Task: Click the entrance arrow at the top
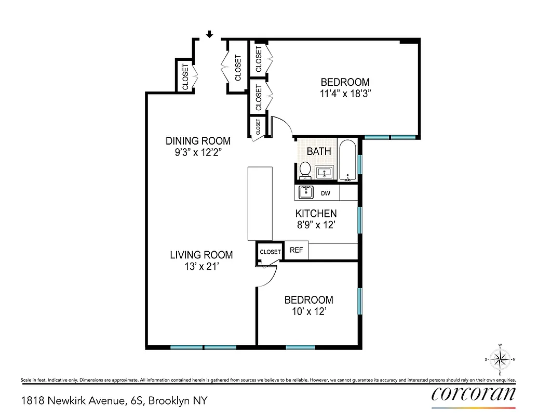pos(209,34)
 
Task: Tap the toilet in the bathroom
pos(305,170)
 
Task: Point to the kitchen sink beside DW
pos(306,193)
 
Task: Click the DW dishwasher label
pos(326,193)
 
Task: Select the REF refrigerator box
pos(297,250)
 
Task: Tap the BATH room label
pos(319,152)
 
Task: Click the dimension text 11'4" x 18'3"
pos(345,94)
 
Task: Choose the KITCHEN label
pos(316,213)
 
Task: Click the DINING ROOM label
pos(198,141)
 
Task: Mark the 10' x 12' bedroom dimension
pos(308,311)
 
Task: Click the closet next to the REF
pos(270,252)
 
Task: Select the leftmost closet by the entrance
pos(185,76)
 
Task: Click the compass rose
pos(500,359)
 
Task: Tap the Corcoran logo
pos(474,394)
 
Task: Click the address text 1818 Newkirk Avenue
pos(83,401)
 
